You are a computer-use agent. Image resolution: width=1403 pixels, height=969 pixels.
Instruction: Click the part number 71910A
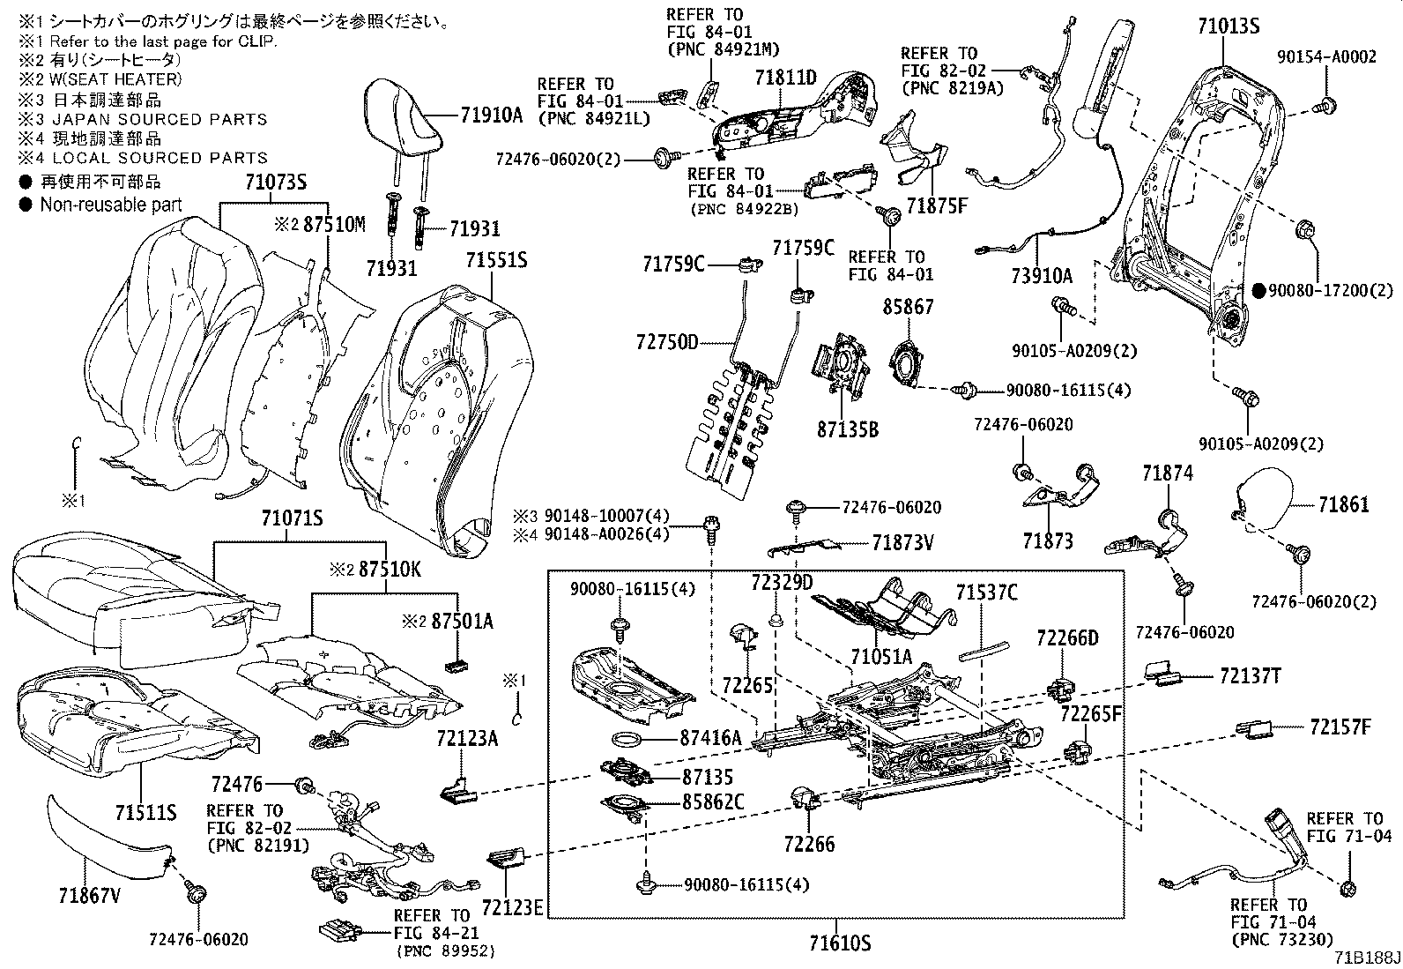(x=492, y=114)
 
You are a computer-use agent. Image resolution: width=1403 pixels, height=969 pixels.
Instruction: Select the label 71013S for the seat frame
(x=1228, y=26)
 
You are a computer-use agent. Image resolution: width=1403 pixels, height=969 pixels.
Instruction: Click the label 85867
(x=909, y=308)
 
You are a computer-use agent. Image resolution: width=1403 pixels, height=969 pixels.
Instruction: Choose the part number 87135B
(x=847, y=430)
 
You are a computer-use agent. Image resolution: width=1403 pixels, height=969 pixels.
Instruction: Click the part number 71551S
(x=496, y=261)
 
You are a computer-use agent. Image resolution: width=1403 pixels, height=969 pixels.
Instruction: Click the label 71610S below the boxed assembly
(x=840, y=943)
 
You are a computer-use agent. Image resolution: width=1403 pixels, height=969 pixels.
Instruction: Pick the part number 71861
(x=1344, y=504)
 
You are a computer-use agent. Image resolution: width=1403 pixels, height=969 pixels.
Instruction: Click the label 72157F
(x=1340, y=727)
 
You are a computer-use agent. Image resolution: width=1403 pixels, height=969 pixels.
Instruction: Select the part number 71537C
(x=986, y=593)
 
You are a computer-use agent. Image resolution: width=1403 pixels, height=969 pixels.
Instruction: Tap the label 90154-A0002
(x=1326, y=57)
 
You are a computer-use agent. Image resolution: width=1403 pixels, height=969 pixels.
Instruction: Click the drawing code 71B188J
(x=1366, y=958)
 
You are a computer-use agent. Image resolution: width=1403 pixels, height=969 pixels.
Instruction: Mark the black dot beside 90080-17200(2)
(x=1258, y=289)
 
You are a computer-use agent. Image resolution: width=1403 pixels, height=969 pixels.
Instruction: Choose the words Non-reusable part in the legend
(x=111, y=205)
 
